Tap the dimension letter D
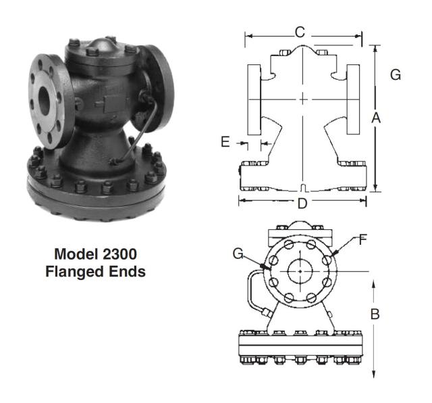click(x=302, y=202)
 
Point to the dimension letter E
click(x=225, y=142)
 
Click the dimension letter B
click(x=375, y=314)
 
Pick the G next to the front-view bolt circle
click(x=238, y=254)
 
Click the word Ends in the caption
click(x=130, y=272)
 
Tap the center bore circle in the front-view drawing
click(x=298, y=270)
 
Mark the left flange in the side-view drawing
click(x=254, y=99)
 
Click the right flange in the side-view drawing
click(x=355, y=99)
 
